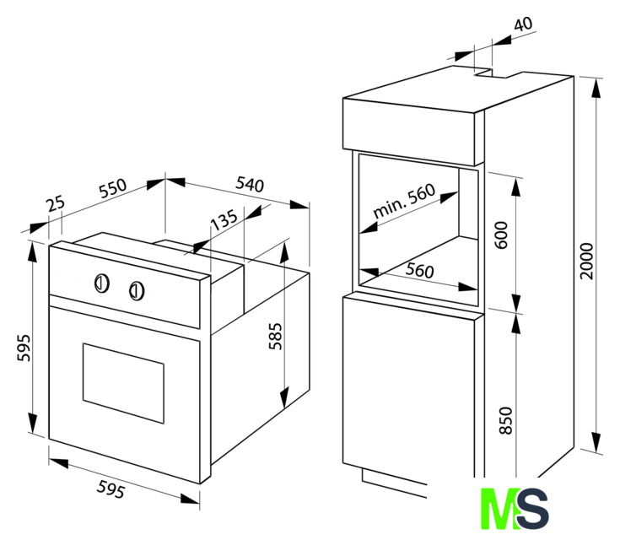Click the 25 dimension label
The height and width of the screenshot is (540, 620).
click(55, 203)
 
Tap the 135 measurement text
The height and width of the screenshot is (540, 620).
click(224, 221)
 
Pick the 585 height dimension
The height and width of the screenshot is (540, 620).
click(277, 336)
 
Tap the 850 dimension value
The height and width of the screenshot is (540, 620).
click(505, 419)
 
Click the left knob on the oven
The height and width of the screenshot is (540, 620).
click(100, 283)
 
